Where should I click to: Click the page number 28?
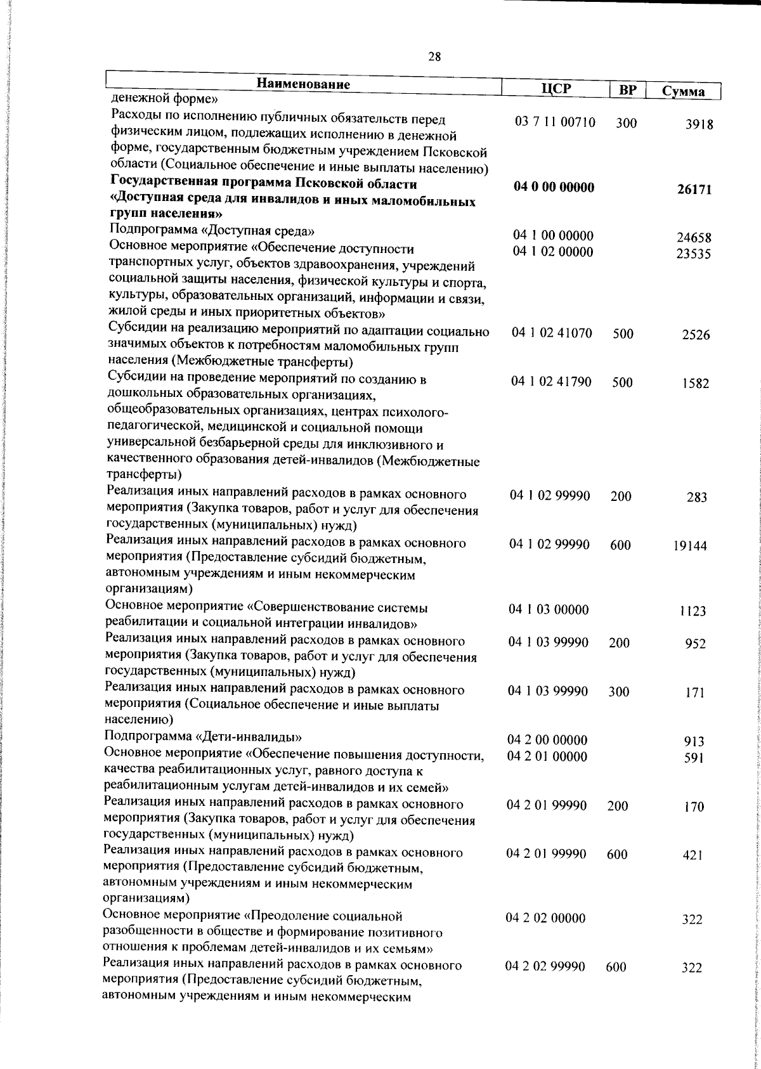pos(434,58)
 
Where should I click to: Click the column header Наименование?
pos(303,85)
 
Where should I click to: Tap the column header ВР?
pos(627,90)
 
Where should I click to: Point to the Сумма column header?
pos(683,92)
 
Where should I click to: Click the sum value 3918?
pos(699,125)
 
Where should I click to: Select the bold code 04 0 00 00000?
pos(554,188)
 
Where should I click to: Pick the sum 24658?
pos(694,238)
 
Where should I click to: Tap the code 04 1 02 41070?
pos(552,333)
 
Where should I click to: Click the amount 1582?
pos(696,384)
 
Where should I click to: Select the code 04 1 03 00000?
pos(549,610)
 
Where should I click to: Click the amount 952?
pos(696,644)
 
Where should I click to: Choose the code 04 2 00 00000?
pos(547,741)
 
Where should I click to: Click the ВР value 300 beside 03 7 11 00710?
pos(626,124)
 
